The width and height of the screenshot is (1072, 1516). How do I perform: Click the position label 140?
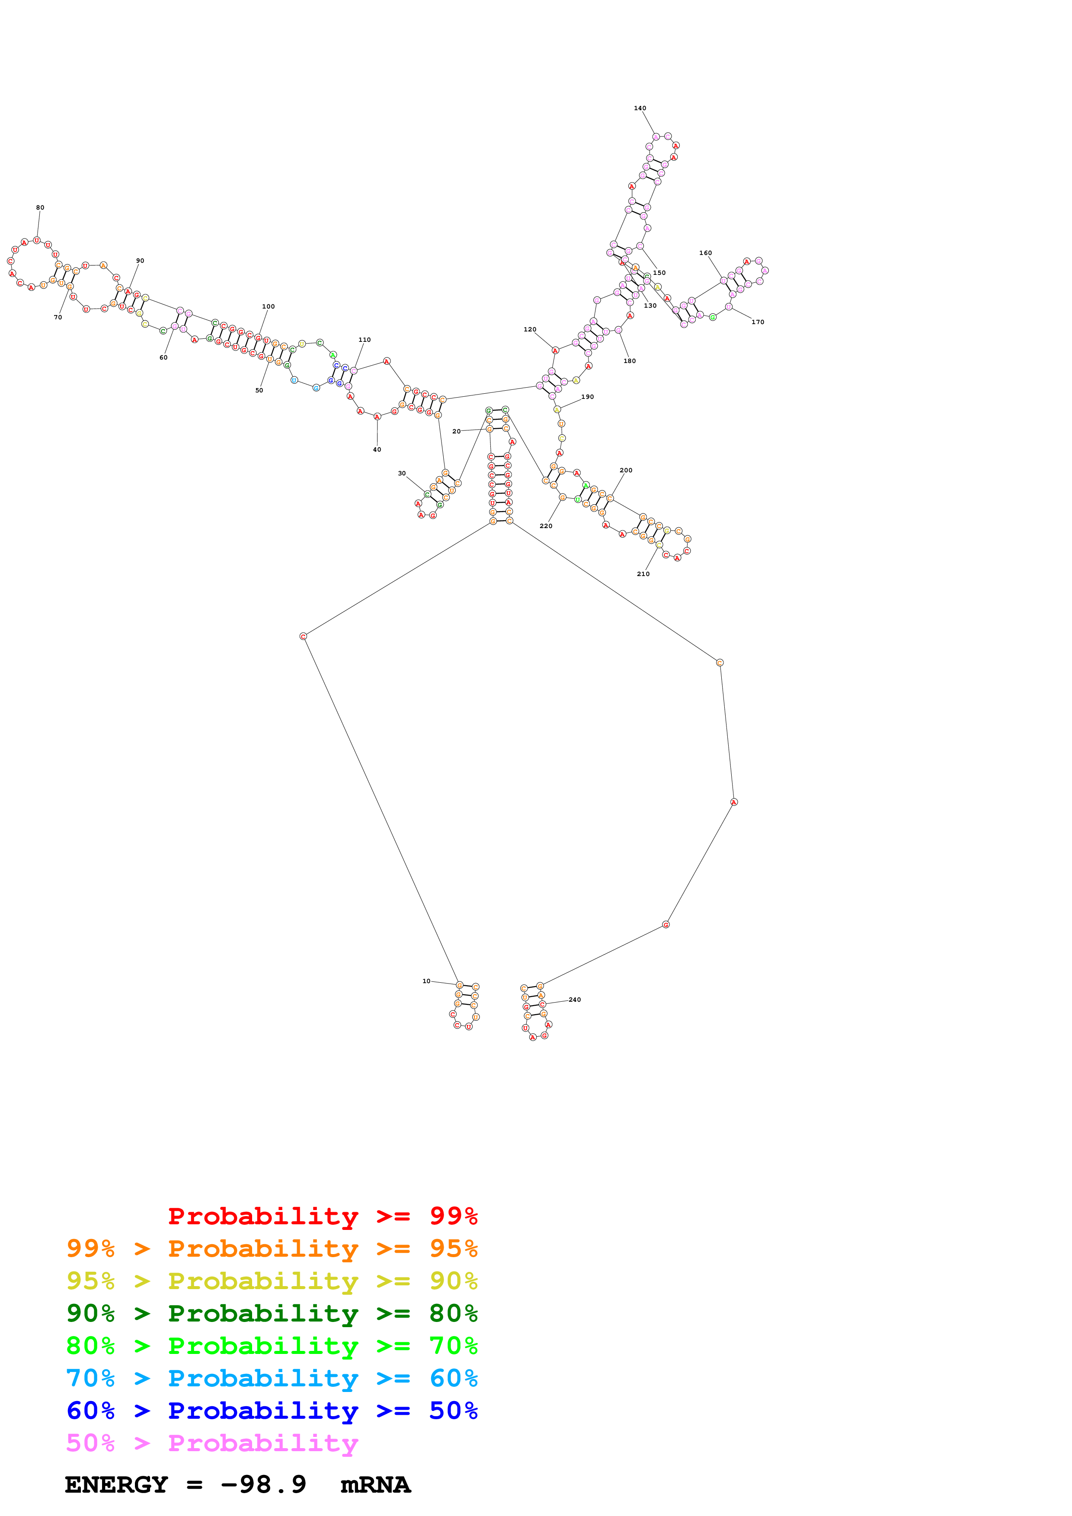640,108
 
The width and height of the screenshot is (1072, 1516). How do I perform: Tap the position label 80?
40,208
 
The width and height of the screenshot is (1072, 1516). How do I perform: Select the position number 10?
426,981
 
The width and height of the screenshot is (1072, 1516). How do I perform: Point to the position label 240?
575,1000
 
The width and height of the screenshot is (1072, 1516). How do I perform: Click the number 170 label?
758,322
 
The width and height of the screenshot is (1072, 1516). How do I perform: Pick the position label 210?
643,574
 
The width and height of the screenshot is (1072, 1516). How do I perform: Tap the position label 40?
377,449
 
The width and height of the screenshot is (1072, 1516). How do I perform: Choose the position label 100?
268,307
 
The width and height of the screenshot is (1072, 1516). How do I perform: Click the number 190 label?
587,397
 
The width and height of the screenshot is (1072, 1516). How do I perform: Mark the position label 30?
402,473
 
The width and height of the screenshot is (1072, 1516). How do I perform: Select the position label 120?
530,329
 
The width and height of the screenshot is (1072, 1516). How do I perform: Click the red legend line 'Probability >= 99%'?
322,1216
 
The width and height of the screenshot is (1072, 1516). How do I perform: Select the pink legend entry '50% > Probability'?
212,1443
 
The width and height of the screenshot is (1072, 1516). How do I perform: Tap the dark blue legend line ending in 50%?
272,1411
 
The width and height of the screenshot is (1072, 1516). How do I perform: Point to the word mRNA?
375,1485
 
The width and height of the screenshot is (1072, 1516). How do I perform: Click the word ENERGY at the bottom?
116,1485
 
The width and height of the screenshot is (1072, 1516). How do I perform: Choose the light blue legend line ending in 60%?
272,1379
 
